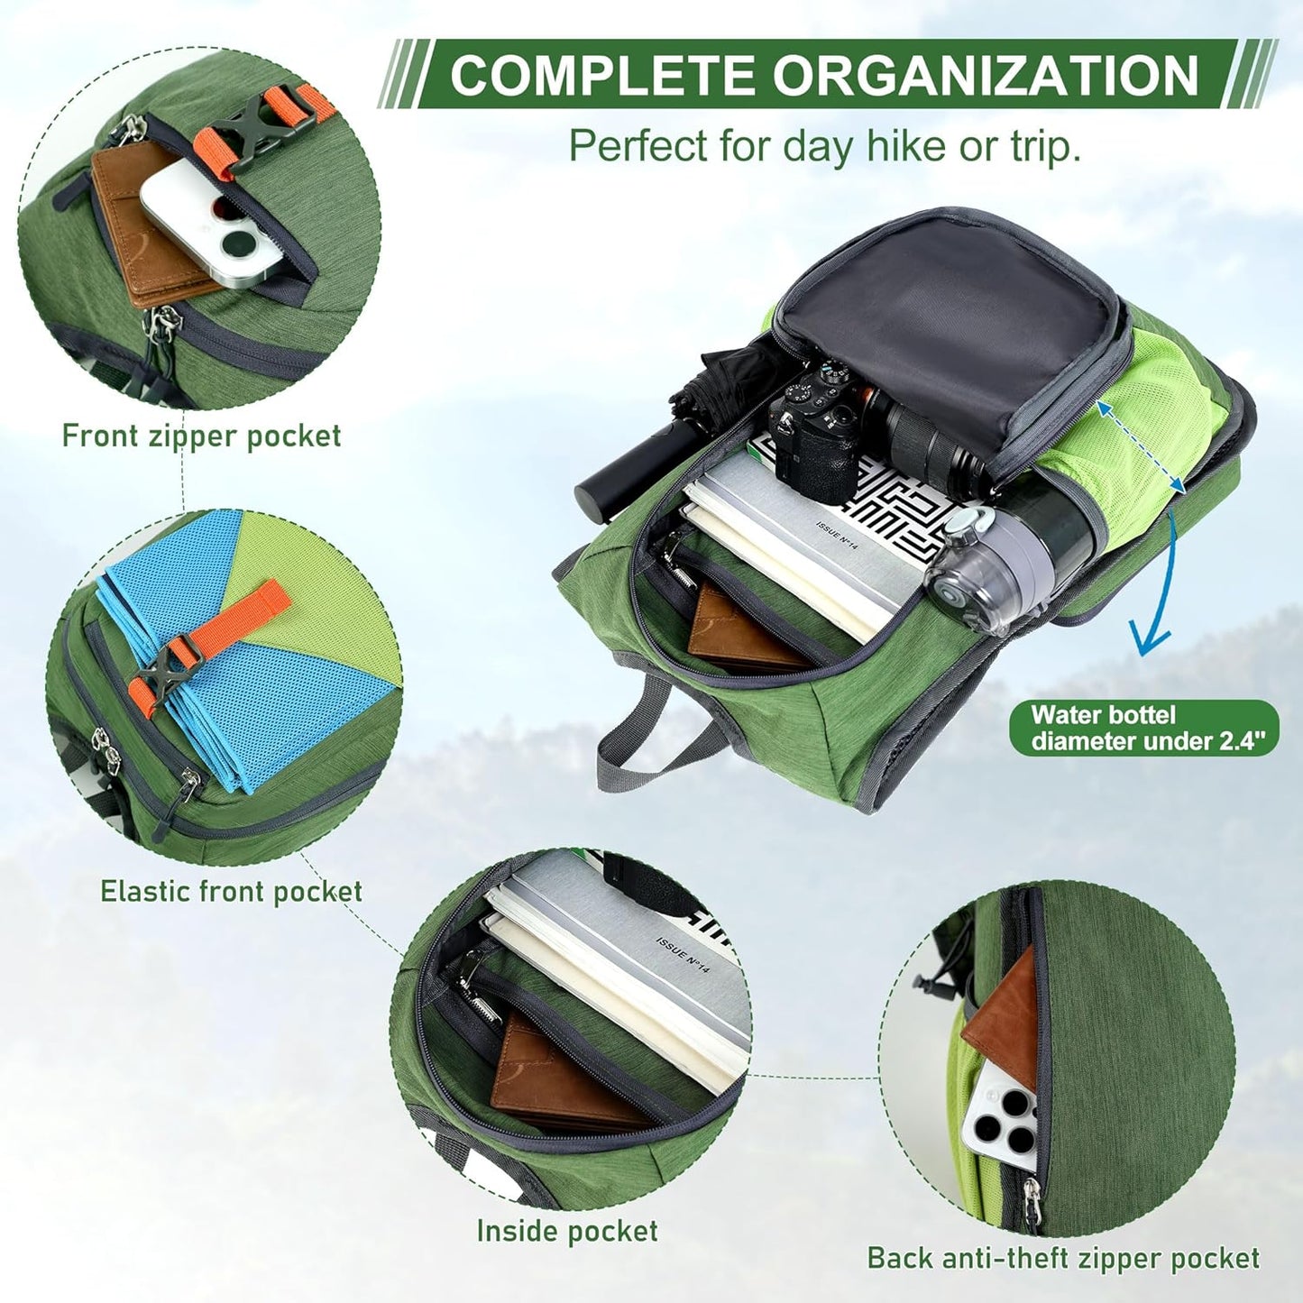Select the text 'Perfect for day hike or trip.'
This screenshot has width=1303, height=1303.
pyautogui.click(x=824, y=147)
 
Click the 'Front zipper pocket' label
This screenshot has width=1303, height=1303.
pyautogui.click(x=201, y=436)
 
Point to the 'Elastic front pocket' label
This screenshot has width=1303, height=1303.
pyautogui.click(x=231, y=891)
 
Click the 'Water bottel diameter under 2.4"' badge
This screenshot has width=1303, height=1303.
pyautogui.click(x=1142, y=729)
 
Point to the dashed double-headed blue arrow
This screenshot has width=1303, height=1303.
pyautogui.click(x=1140, y=447)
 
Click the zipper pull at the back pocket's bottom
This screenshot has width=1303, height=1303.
pyautogui.click(x=1031, y=1199)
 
